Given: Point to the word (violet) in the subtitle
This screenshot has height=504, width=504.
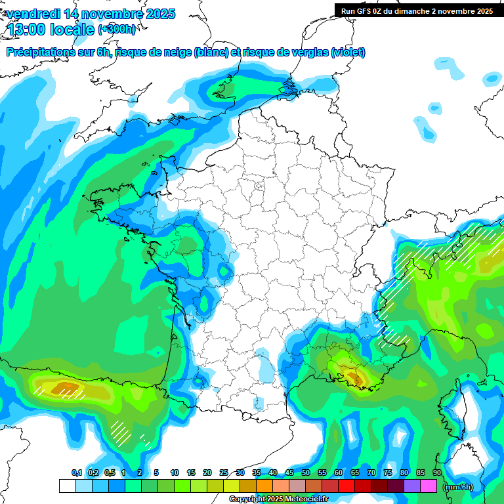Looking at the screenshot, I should point(348,52).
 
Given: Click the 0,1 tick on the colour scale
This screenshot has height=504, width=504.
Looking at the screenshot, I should point(76,473).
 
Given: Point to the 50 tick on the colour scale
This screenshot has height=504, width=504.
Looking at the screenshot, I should point(306,473).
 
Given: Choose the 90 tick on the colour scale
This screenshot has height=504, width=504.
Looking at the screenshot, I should point(437,473).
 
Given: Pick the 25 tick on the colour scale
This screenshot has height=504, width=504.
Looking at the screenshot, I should point(224,473).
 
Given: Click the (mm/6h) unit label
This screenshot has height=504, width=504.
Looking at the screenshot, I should point(457,487).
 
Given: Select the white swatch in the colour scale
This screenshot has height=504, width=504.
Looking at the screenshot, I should point(67,486).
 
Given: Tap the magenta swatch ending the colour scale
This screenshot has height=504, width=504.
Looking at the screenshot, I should point(429,486).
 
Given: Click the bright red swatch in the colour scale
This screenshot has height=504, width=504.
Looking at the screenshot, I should point(346,486).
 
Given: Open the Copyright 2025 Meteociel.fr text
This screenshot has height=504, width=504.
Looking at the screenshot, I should point(278,499).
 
